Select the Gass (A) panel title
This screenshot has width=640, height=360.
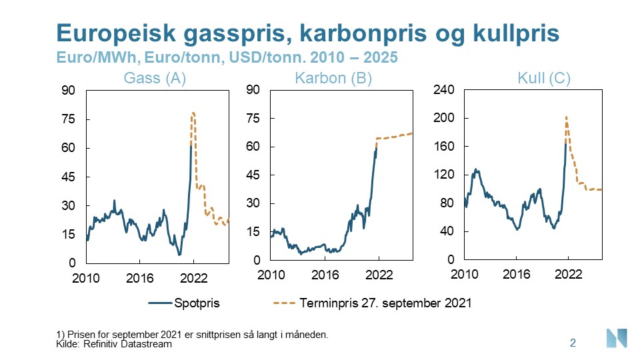tap(155, 78)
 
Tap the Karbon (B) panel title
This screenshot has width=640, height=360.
tap(333, 78)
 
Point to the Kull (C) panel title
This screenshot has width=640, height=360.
tap(543, 78)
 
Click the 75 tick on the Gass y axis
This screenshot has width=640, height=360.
tap(69, 119)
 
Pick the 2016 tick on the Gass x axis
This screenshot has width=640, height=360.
tap(139, 277)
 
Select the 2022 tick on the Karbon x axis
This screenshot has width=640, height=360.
tap(379, 275)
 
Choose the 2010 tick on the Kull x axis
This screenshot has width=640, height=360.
tap(465, 275)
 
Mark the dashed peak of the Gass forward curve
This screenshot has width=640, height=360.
tap(193, 113)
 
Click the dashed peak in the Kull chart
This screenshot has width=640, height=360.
tap(566, 118)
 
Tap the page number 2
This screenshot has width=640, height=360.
tap(573, 343)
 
